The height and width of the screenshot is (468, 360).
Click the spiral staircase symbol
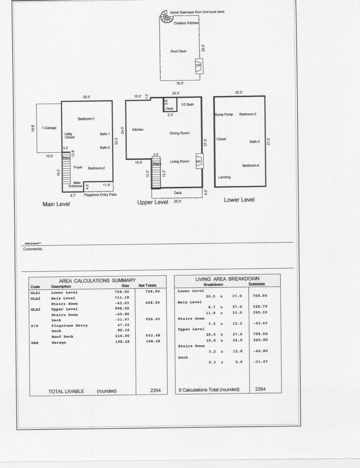(x=164, y=17)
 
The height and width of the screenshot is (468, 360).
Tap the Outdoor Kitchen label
(x=186, y=23)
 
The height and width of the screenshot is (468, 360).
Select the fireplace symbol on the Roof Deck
(x=199, y=66)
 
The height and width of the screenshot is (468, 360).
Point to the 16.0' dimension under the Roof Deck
(x=180, y=83)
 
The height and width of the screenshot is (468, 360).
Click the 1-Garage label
(x=49, y=128)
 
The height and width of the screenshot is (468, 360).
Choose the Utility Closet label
(x=69, y=135)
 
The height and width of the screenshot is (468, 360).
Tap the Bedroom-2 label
(x=96, y=168)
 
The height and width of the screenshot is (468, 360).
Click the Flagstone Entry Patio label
(x=100, y=195)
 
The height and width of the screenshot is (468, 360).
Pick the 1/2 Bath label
(x=187, y=105)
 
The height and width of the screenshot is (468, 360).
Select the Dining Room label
(x=179, y=133)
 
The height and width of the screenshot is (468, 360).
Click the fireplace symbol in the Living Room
(x=199, y=161)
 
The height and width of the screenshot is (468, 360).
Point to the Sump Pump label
(x=224, y=114)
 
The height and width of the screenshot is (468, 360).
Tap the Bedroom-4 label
(x=251, y=165)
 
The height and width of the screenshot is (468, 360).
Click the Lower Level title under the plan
(x=239, y=200)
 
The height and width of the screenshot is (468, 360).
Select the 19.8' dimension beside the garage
(x=33, y=128)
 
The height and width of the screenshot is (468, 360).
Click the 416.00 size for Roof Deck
(x=122, y=336)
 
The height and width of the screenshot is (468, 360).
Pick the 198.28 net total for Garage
(x=153, y=341)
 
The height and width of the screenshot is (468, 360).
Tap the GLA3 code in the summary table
(x=36, y=309)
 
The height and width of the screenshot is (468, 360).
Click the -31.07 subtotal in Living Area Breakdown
(x=260, y=361)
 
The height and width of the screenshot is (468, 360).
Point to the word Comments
(x=33, y=249)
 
